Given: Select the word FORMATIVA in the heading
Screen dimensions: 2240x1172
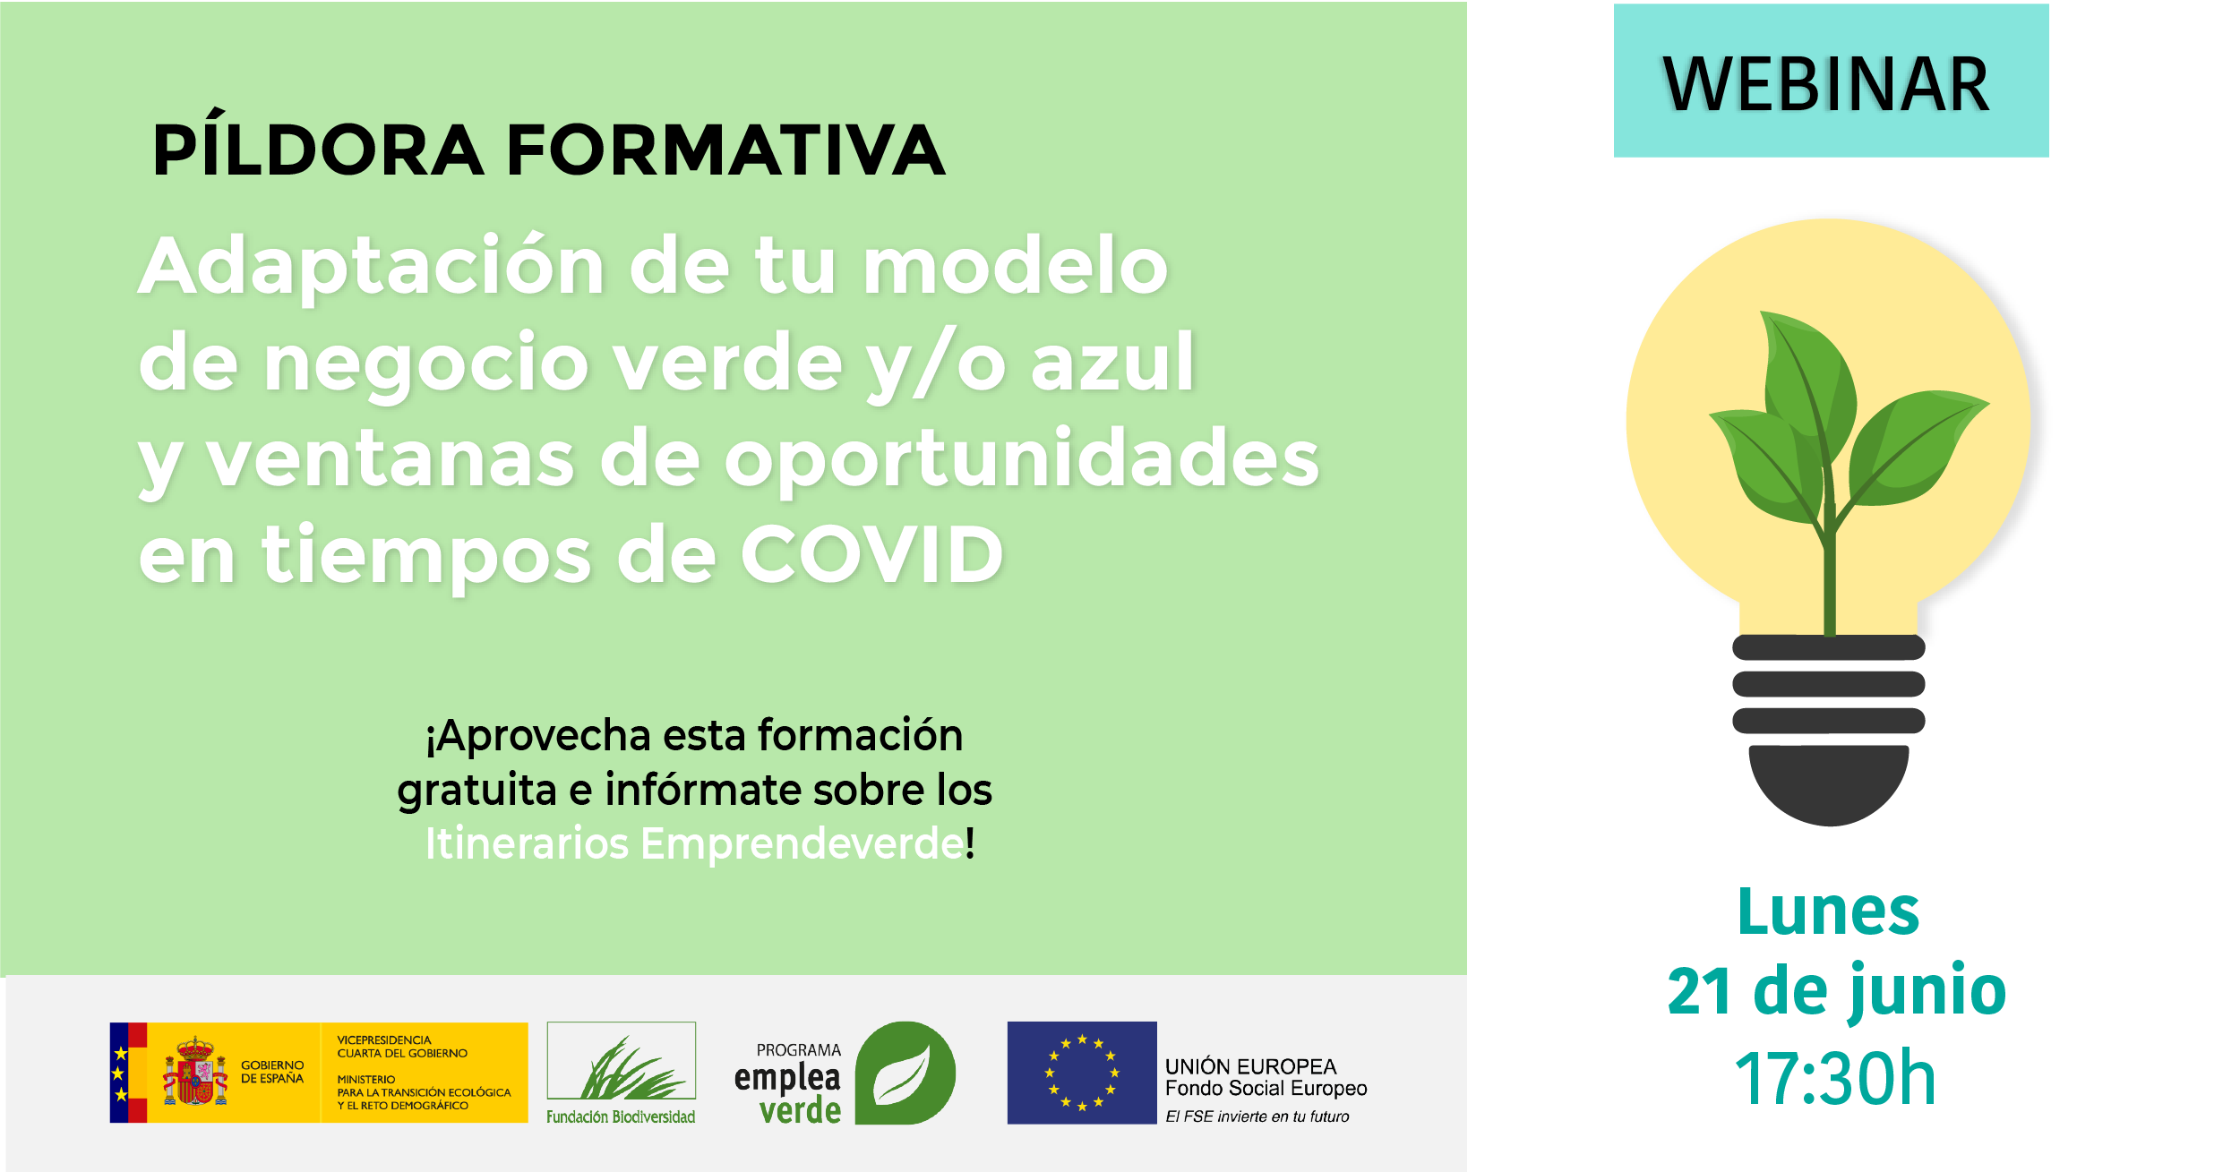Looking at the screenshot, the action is (726, 150).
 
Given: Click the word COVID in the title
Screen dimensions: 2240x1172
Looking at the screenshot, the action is (871, 554).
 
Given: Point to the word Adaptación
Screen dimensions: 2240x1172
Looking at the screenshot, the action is (372, 266).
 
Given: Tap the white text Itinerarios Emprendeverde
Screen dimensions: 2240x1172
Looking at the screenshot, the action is (695, 843).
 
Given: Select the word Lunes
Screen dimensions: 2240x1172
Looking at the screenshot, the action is (1828, 911).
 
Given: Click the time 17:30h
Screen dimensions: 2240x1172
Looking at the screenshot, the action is (1835, 1078).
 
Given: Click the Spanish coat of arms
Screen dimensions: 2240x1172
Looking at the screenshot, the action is (194, 1072).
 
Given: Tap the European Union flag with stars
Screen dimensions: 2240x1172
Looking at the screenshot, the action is (1082, 1073).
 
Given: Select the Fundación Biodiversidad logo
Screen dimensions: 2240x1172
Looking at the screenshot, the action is (621, 1073).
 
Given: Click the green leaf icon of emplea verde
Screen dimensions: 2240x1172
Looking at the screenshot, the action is (905, 1073).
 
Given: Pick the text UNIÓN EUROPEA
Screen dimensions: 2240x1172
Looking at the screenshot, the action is (1250, 1066).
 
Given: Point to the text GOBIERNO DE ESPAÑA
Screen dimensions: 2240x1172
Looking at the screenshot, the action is (272, 1072).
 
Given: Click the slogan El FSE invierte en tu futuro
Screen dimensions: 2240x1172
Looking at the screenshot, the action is (1257, 1116).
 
